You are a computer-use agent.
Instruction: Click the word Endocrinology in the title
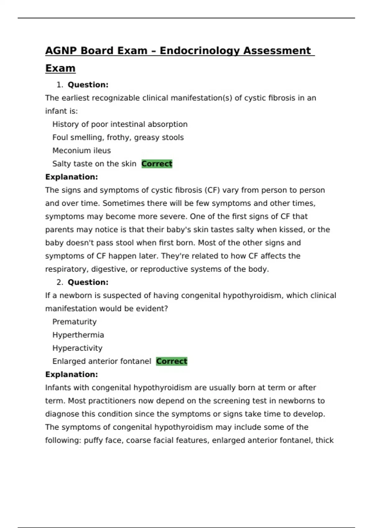click(200, 51)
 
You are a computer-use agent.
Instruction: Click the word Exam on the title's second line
click(60, 68)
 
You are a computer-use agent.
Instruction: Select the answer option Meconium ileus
click(81, 151)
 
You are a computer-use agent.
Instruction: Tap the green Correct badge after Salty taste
click(157, 164)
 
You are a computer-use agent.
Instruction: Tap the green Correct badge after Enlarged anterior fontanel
click(172, 361)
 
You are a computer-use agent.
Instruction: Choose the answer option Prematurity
click(74, 322)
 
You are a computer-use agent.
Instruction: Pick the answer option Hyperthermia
click(78, 335)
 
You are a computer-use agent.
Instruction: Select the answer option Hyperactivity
click(77, 348)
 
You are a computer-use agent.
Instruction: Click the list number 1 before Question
click(59, 85)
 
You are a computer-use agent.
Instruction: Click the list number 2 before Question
click(59, 282)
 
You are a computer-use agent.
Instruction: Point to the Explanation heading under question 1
click(71, 177)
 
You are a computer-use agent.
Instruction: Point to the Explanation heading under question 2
click(71, 375)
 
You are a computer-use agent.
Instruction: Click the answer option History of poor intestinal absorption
click(120, 124)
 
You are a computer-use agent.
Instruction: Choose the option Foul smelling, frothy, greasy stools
click(118, 137)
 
